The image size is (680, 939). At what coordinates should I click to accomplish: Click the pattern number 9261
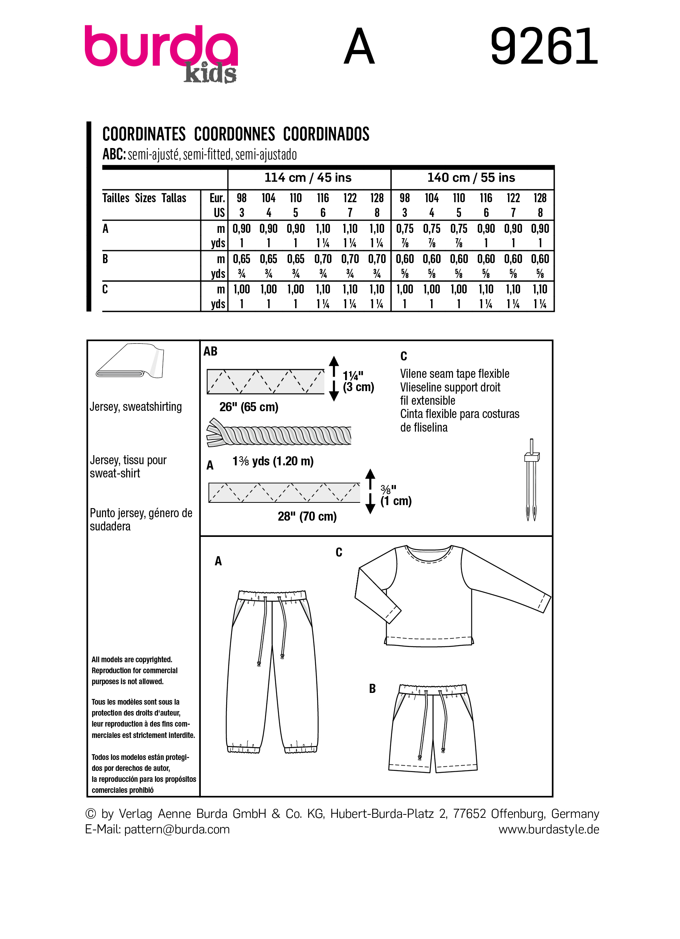544,46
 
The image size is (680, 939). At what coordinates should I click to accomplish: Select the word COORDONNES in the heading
234,134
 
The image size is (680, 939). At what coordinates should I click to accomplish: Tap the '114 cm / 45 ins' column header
308,178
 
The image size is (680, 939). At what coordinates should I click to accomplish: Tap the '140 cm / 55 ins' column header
471,178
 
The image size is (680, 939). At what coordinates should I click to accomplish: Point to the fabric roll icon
130,361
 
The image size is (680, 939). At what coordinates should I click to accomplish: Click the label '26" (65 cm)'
249,407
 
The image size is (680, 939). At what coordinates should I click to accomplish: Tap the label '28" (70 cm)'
307,516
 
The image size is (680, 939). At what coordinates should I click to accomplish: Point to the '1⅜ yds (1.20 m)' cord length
273,461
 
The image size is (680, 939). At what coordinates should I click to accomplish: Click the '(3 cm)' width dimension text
358,387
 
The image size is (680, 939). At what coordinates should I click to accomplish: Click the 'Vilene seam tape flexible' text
454,373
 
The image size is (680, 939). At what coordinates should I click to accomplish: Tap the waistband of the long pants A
272,595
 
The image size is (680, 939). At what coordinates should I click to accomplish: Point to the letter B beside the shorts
372,688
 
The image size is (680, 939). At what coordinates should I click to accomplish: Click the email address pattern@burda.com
177,829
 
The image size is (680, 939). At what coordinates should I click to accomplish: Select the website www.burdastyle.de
548,829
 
